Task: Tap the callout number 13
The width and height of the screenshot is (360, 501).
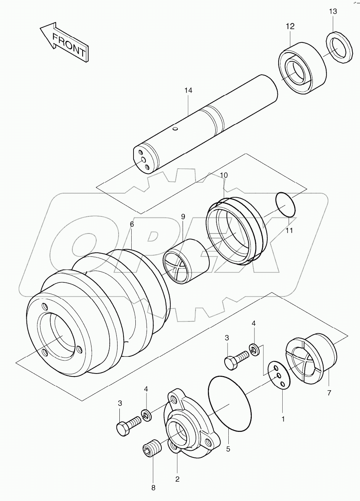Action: (x=332, y=12)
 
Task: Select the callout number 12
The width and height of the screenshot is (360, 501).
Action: (x=290, y=26)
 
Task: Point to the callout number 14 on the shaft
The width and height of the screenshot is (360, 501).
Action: (x=188, y=90)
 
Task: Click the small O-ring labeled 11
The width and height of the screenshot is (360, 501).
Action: (x=286, y=204)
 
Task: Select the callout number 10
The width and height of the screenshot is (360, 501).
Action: (x=224, y=175)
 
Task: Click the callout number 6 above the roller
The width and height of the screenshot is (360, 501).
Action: (x=132, y=224)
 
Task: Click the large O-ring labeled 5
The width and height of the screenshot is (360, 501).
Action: (x=228, y=403)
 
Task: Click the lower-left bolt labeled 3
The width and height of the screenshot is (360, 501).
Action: (x=128, y=424)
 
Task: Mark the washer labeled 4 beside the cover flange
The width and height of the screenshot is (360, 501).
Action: (x=147, y=415)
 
